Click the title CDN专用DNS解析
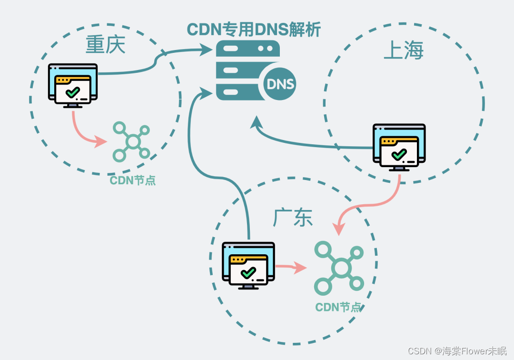pyautogui.click(x=254, y=30)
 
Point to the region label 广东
pyautogui.click(x=293, y=218)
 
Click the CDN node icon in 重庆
pyautogui.click(x=132, y=141)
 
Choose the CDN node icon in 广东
pyautogui.click(x=339, y=268)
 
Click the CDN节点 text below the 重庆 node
pyautogui.click(x=133, y=180)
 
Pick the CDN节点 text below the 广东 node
pyautogui.click(x=338, y=307)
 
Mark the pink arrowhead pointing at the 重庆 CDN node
pyautogui.click(x=101, y=141)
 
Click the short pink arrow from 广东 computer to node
pyautogui.click(x=291, y=267)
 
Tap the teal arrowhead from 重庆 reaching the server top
pyautogui.click(x=206, y=49)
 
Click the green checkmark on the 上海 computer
pyautogui.click(x=398, y=154)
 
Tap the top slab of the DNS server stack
pyautogui.click(x=247, y=49)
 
